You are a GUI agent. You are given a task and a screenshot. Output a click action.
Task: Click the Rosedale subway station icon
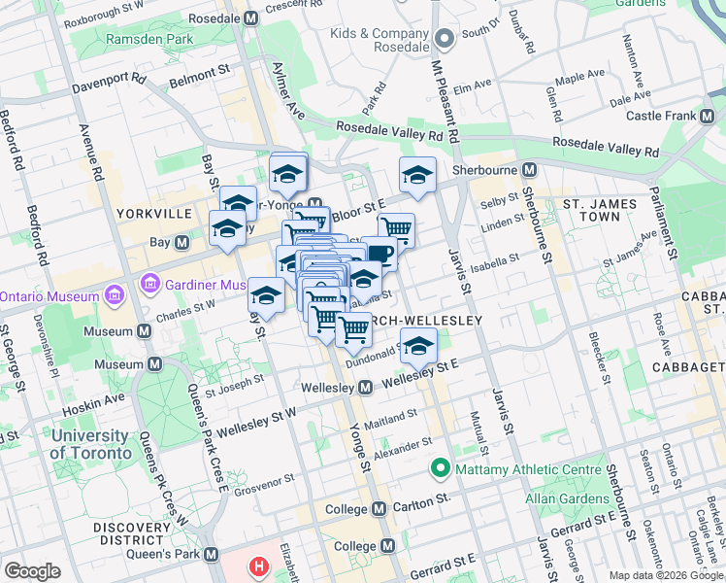(251, 18)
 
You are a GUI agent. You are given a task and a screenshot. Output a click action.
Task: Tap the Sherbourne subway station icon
(530, 169)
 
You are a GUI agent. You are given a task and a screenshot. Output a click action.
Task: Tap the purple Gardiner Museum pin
(149, 285)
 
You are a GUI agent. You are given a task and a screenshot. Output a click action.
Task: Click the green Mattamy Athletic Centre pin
(440, 469)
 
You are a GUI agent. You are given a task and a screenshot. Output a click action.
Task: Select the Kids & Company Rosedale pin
(445, 40)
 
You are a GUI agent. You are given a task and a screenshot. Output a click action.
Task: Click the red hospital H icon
(258, 566)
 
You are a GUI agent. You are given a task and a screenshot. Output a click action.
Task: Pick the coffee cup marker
(379, 255)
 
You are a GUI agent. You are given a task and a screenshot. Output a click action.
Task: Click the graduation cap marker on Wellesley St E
(418, 346)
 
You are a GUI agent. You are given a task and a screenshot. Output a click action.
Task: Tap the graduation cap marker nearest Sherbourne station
(417, 175)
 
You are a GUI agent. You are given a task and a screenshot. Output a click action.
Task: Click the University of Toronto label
(89, 444)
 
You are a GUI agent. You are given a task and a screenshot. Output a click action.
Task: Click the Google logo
(33, 571)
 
